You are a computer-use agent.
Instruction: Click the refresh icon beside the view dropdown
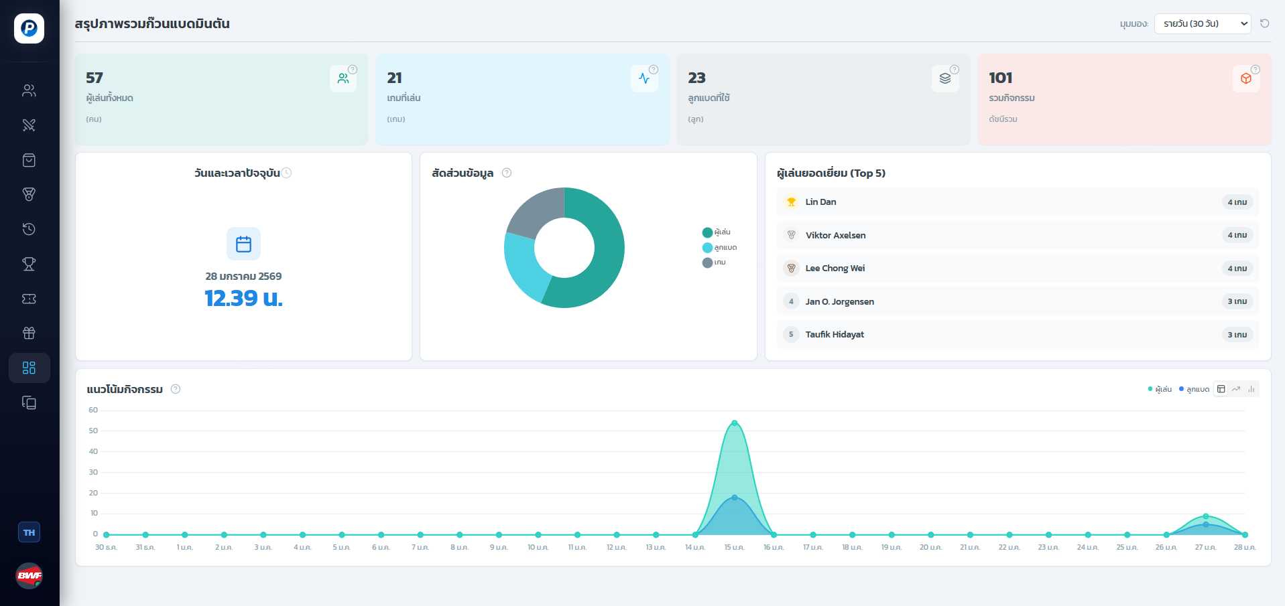pos(1265,23)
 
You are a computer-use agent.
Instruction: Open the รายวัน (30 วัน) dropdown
pos(1203,23)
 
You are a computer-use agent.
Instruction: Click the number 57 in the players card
pos(95,78)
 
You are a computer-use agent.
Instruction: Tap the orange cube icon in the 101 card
pos(1246,78)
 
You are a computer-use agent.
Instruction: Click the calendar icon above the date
pos(243,244)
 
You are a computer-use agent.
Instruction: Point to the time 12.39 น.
pos(243,298)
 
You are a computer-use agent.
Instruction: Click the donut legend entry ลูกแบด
pos(721,248)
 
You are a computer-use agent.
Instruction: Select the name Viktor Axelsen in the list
pos(835,235)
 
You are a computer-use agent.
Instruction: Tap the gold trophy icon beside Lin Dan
pos(792,202)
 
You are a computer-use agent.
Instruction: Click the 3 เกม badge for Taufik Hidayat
pos(1237,335)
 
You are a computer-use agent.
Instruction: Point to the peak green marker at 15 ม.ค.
pos(735,423)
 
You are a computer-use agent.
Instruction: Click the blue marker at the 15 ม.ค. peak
pos(735,498)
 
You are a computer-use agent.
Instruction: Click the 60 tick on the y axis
pos(93,410)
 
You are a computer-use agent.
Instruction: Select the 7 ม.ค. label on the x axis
pos(420,548)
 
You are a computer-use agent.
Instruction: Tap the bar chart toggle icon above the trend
pos(1251,389)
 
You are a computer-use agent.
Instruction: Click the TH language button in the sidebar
pos(29,532)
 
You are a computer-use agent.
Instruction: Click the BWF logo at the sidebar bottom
pos(29,575)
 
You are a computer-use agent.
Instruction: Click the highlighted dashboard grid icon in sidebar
pos(29,368)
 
